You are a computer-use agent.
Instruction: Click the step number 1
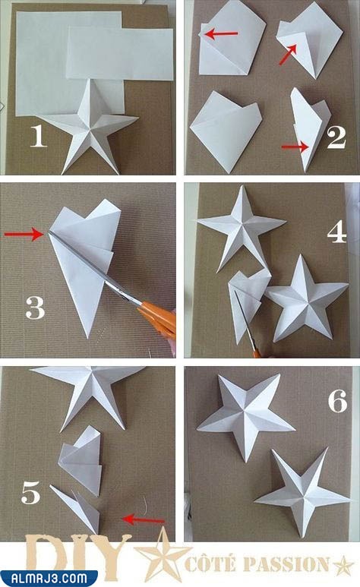pyautogui.click(x=38, y=135)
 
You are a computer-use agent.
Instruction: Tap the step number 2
pyautogui.click(x=336, y=137)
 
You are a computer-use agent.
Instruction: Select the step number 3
pyautogui.click(x=35, y=308)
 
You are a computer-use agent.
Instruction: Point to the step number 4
pyautogui.click(x=336, y=232)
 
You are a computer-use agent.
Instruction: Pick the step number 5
pyautogui.click(x=30, y=493)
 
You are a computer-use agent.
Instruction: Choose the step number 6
pyautogui.click(x=337, y=401)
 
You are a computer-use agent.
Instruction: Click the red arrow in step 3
pyautogui.click(x=24, y=234)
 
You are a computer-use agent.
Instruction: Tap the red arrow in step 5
pyautogui.click(x=144, y=519)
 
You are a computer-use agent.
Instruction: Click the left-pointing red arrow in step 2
pyautogui.click(x=221, y=34)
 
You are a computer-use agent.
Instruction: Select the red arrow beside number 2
pyautogui.click(x=295, y=147)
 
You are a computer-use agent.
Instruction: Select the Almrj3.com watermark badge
pyautogui.click(x=49, y=578)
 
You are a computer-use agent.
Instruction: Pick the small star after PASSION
pyautogui.click(x=343, y=565)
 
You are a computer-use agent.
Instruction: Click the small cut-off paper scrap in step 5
pyautogui.click(x=76, y=508)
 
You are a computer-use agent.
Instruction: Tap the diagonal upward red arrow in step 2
pyautogui.click(x=288, y=54)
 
